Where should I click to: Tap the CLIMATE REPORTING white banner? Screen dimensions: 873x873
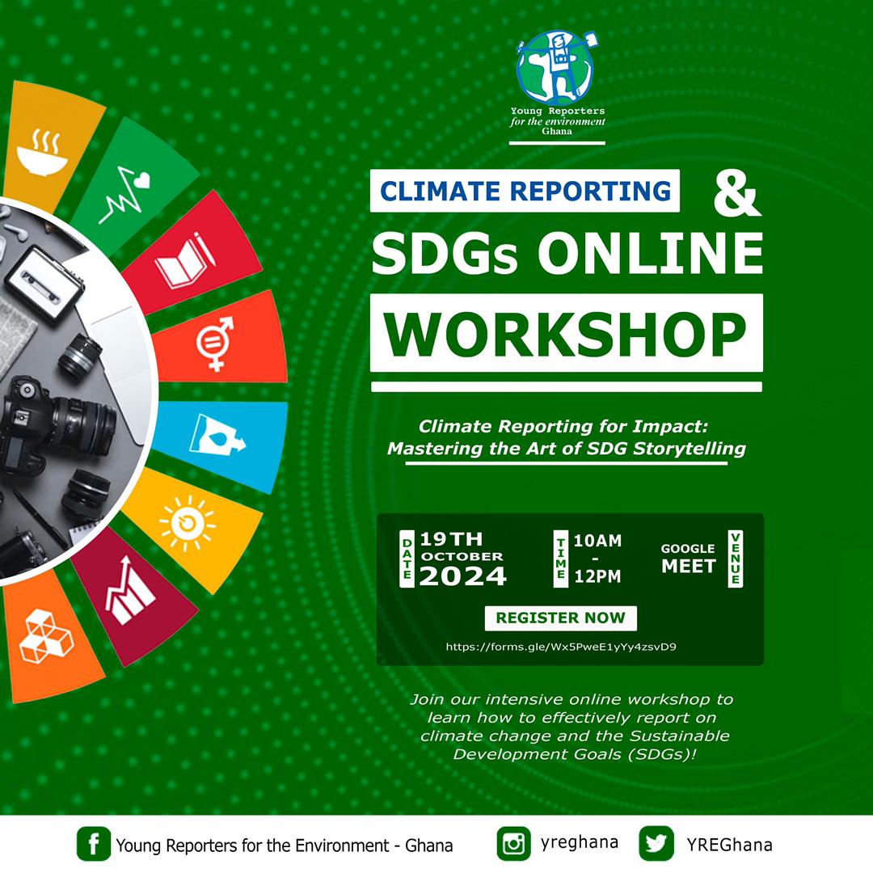(525, 191)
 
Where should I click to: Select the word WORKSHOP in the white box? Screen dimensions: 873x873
(566, 334)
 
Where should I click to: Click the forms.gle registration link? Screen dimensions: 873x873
(561, 647)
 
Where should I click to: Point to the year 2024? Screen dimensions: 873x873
(463, 576)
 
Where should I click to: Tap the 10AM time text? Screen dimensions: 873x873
(597, 541)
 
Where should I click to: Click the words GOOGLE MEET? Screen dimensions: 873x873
(689, 559)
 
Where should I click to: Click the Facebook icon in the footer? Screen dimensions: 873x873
(94, 845)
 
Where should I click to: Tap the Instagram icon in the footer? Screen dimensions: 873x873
(513, 845)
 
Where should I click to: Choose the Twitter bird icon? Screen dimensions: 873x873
(656, 845)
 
